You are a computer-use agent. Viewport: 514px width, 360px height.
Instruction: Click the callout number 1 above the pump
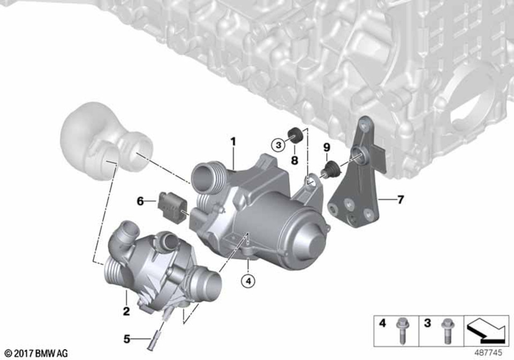coord(233,142)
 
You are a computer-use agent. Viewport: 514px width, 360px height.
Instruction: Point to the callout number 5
coord(126,339)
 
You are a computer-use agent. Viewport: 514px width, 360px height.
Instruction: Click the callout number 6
coord(140,201)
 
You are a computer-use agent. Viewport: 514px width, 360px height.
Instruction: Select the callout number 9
coord(326,147)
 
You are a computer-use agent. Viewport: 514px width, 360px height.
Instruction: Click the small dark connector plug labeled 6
coord(170,205)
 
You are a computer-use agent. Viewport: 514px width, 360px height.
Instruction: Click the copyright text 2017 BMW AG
coord(36,353)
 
